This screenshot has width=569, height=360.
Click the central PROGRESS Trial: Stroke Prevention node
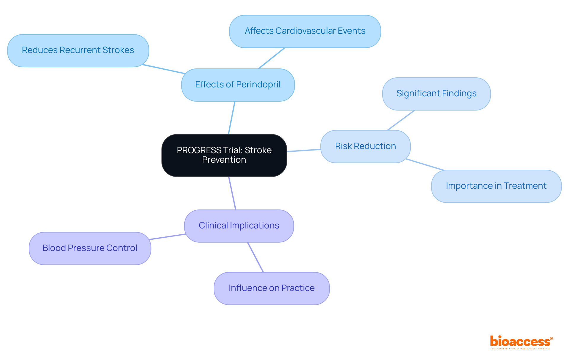[x=224, y=155]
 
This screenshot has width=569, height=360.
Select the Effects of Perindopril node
[x=238, y=85]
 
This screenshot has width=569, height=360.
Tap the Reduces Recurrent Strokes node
[x=78, y=50]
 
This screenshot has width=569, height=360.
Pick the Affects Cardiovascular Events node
[x=305, y=31]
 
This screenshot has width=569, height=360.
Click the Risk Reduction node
[x=365, y=146]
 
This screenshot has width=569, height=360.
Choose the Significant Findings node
[x=436, y=94]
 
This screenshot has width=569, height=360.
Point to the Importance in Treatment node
[x=496, y=186]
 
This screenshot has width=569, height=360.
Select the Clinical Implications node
[x=239, y=226]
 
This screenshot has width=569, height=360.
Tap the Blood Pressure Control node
[x=90, y=248]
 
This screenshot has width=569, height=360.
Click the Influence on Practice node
[x=271, y=288]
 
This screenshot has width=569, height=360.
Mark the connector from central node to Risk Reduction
[x=304, y=151]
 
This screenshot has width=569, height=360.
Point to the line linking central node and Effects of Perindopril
[x=231, y=118]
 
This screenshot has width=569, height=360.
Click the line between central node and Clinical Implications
[x=232, y=193]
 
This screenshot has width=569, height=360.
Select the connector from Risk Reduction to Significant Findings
[x=401, y=120]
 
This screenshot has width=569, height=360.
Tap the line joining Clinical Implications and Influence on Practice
[x=255, y=257]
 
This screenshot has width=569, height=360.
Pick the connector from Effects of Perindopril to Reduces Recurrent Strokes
[x=164, y=69]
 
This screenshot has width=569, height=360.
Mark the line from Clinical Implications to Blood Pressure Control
[x=167, y=237]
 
